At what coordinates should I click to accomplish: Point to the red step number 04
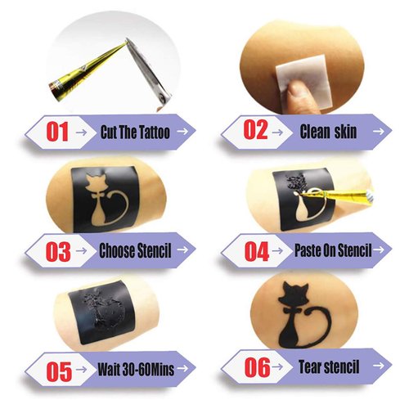point(256,251)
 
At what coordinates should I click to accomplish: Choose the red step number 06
point(257,366)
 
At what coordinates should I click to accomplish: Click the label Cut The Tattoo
point(135,131)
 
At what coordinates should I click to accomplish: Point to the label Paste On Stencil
point(331,249)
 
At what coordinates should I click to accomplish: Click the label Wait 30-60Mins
point(136,368)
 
